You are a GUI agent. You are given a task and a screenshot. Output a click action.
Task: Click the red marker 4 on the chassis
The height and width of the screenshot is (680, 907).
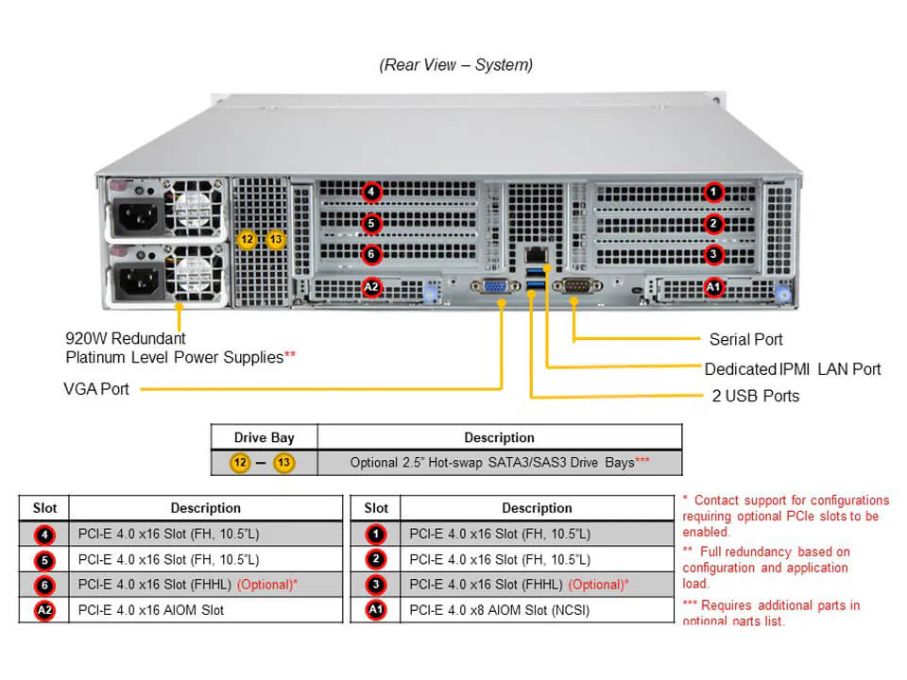(372, 193)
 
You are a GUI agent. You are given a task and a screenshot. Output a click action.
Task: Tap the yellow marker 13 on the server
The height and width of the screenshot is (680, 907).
(275, 240)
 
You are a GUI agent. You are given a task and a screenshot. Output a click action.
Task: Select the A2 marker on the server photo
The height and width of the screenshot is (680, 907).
(372, 287)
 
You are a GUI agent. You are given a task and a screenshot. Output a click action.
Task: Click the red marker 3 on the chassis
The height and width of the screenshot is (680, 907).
(714, 254)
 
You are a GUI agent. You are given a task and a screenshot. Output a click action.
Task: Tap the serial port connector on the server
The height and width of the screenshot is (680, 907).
(576, 286)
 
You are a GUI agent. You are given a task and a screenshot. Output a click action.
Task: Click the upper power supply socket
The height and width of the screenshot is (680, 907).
(136, 220)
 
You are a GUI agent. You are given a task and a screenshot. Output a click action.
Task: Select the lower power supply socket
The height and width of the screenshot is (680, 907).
(136, 280)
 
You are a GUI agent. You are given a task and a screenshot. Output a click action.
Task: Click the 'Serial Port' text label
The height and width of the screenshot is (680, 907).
(745, 339)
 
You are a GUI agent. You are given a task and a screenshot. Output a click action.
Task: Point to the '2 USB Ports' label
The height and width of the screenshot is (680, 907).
(755, 396)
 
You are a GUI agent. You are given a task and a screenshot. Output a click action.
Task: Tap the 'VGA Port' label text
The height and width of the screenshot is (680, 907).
(96, 388)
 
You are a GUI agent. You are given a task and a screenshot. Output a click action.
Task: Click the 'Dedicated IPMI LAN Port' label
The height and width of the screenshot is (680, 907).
(792, 368)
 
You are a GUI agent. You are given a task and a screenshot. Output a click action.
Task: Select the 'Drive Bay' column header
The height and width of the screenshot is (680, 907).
(264, 437)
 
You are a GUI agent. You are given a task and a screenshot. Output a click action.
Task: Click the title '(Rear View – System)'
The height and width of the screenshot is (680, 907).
(455, 65)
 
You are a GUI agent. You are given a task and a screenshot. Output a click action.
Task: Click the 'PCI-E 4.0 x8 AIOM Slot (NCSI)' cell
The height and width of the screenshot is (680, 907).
(499, 610)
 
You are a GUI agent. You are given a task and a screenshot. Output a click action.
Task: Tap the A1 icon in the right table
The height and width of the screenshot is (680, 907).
(375, 610)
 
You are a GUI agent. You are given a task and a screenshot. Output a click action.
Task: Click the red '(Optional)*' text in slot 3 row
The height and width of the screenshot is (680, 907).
(598, 585)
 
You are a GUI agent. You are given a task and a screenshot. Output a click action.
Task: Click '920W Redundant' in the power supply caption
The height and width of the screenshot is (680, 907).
(125, 338)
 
